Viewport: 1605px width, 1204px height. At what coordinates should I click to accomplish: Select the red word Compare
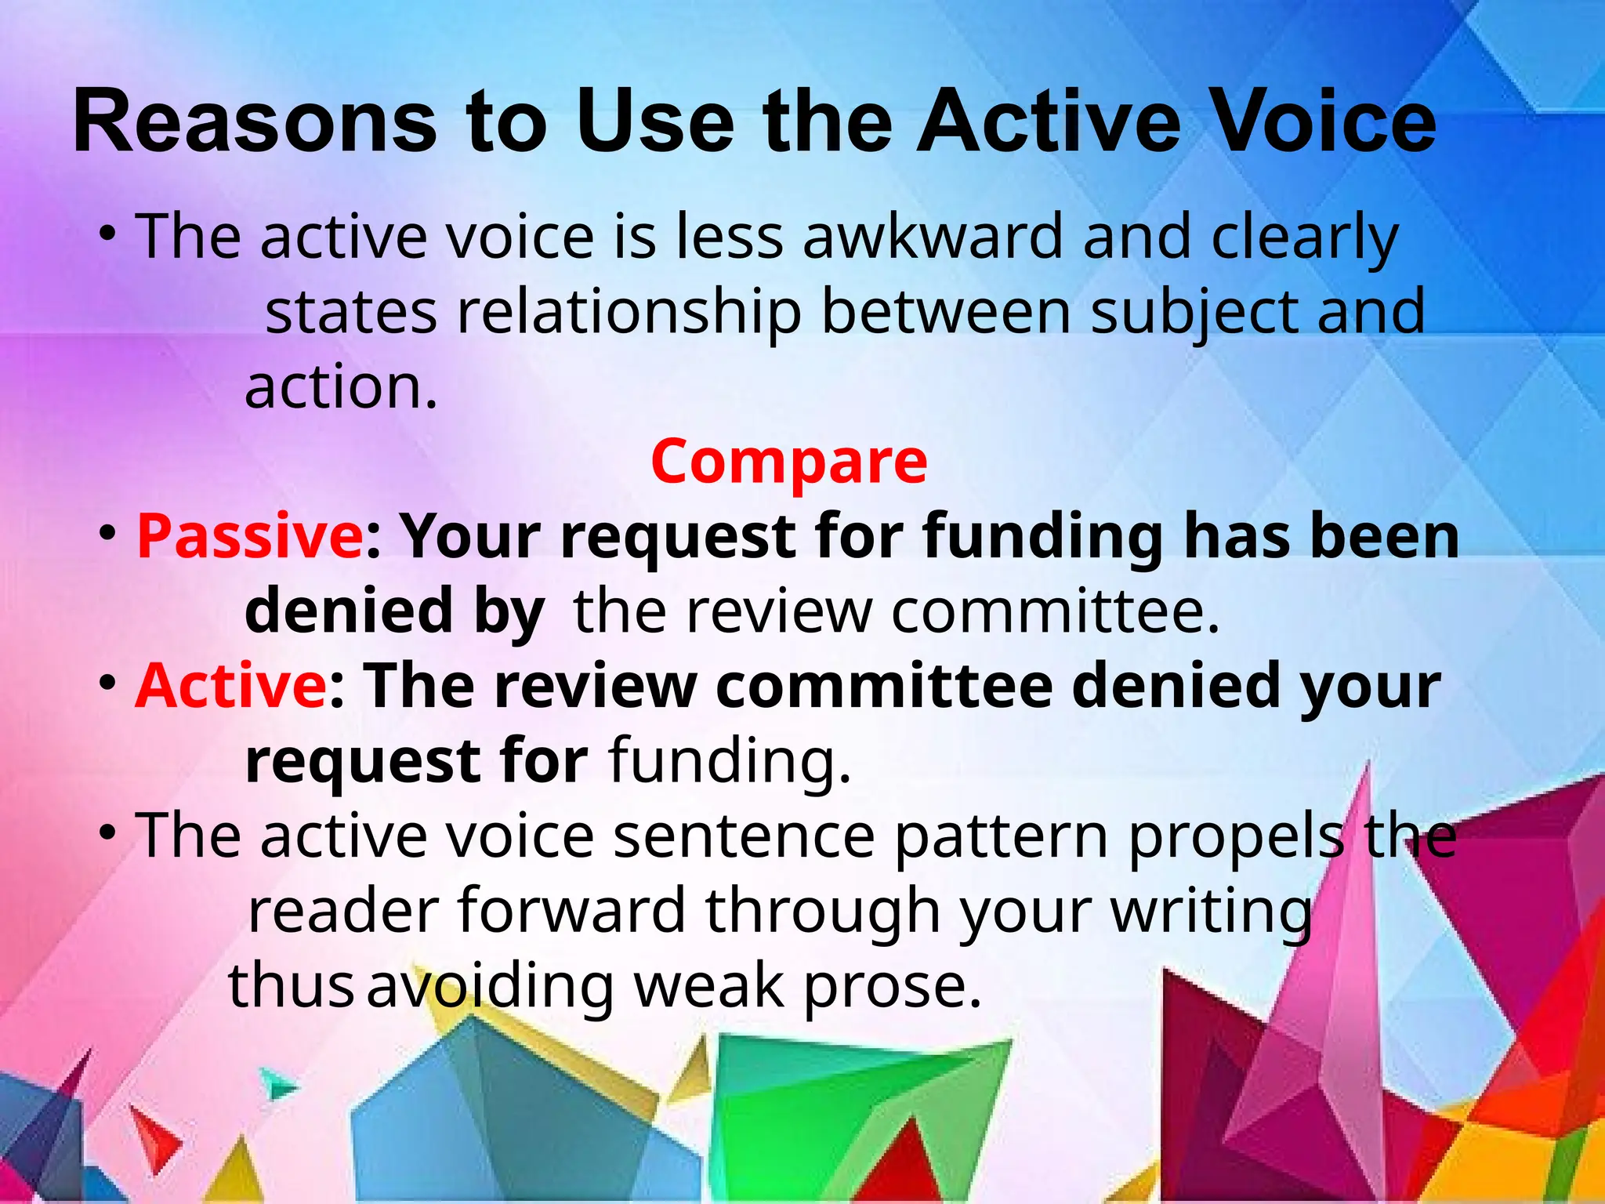789,461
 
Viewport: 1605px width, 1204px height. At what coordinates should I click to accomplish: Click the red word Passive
249,536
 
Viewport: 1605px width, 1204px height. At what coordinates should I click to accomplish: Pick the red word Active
230,685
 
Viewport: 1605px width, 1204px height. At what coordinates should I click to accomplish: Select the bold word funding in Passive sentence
1042,538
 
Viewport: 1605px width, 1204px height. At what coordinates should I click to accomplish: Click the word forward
571,910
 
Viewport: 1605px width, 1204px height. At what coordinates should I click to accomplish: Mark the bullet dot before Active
108,684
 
